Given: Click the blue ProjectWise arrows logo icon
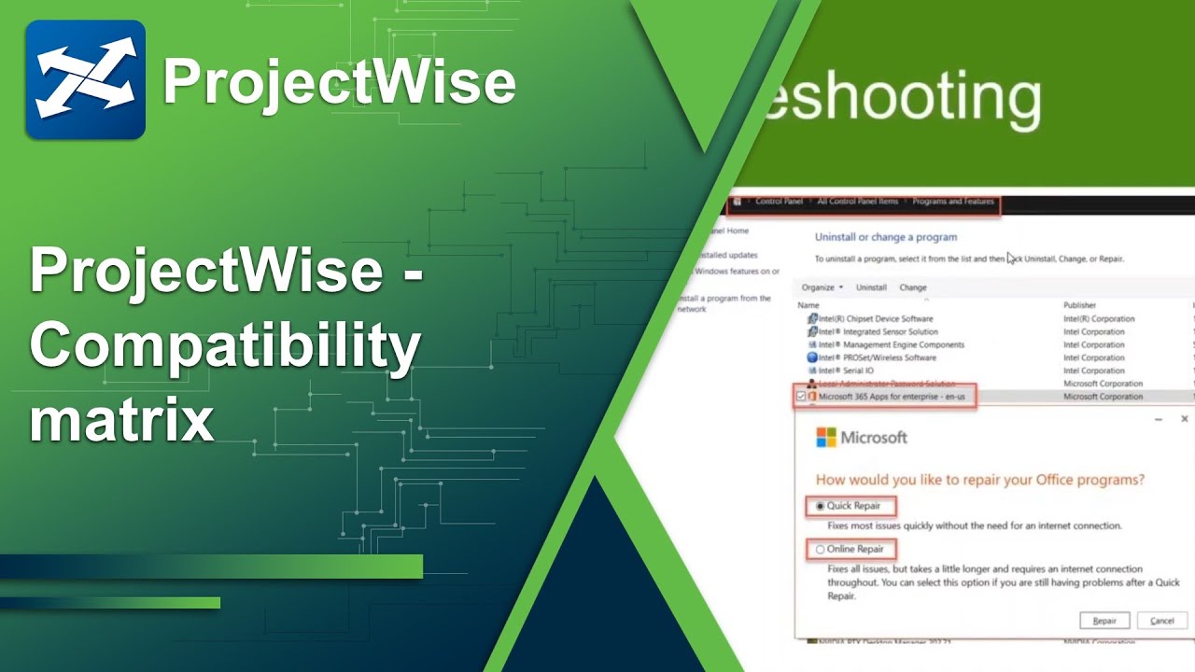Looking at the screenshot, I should (85, 80).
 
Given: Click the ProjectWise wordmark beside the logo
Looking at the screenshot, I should (339, 82).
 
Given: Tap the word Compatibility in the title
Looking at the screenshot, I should (225, 346).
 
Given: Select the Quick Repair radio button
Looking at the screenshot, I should (821, 506).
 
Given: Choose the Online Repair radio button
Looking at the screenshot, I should (821, 550).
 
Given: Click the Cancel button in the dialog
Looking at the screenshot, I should (1162, 621).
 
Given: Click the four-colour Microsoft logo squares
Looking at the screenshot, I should (826, 438).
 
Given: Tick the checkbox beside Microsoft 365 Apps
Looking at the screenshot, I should (801, 397).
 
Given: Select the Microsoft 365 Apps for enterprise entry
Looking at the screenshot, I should (891, 397).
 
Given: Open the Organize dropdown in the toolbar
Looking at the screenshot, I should (822, 287).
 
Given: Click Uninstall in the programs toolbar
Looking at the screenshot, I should (871, 287).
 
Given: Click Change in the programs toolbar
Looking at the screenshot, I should (912, 287).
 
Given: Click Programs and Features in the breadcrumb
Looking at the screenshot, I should (952, 202).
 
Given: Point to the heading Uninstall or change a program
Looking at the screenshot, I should (885, 237).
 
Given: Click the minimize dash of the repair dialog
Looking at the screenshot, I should (1159, 420).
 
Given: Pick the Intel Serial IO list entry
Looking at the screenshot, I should (845, 371).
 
